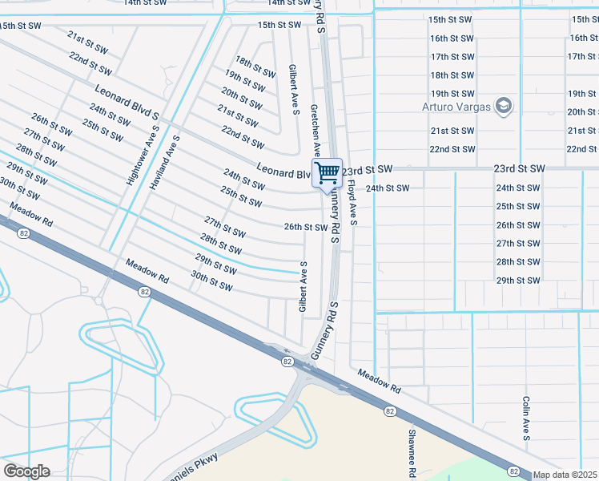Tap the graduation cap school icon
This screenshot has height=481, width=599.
504,106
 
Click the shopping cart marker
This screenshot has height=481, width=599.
327,172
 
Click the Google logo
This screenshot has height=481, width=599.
26,471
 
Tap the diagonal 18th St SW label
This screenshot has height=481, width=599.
255,67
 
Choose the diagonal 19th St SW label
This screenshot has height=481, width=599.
245,81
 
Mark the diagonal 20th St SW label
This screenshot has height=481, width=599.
242,99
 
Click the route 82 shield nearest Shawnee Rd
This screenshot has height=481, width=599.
390,410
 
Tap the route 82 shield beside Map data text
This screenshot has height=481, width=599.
514,471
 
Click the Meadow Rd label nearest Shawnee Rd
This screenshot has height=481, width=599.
378,381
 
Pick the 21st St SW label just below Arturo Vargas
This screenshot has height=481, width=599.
449,130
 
